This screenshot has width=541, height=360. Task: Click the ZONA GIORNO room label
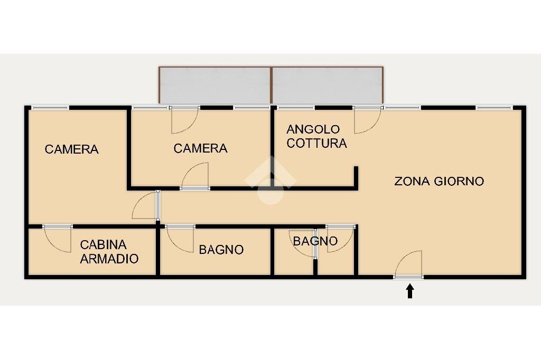click(439, 181)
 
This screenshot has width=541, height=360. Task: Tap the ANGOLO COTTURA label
click(316, 136)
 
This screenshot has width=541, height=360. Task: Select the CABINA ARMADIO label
click(109, 252)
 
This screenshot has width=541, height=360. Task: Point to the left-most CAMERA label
click(71, 149)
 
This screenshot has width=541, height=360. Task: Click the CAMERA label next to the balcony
click(200, 149)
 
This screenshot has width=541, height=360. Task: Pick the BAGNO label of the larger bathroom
click(221, 250)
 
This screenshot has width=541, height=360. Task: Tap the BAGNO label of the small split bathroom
click(315, 241)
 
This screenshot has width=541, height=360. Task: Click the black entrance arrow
click(409, 291)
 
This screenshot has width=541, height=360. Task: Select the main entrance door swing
click(408, 264)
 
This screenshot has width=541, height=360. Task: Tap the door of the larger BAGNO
click(181, 239)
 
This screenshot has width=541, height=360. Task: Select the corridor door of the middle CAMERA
click(195, 176)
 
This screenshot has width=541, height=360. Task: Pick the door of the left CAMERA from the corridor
click(145, 206)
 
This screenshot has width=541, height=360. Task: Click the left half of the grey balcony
click(214, 85)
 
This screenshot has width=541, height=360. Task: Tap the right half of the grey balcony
click(327, 85)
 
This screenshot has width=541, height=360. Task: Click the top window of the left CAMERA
click(50, 108)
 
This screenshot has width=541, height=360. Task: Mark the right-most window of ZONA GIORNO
click(494, 108)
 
